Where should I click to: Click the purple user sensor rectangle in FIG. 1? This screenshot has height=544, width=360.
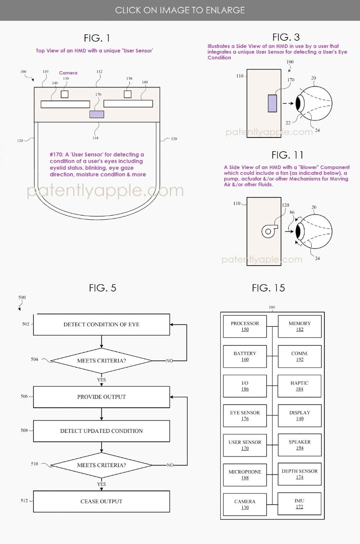(96, 114)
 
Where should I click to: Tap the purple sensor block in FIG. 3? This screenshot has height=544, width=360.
(272, 103)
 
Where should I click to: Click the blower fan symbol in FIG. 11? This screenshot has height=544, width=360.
(268, 231)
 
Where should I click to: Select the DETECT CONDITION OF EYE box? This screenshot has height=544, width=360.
(101, 325)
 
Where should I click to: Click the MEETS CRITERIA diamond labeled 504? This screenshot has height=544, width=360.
(101, 361)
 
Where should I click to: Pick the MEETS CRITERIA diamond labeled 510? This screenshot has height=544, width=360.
(101, 465)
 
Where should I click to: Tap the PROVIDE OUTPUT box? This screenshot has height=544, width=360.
(101, 397)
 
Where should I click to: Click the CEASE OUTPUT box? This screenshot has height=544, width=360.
(101, 501)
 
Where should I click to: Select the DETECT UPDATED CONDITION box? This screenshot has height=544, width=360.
(101, 431)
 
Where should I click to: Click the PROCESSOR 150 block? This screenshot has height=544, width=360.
(245, 326)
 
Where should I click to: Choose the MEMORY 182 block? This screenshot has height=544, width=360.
(300, 326)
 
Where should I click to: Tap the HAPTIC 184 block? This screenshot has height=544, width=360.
(300, 386)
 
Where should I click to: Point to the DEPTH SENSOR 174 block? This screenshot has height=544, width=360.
(300, 474)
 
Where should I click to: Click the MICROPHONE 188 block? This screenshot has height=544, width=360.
(245, 475)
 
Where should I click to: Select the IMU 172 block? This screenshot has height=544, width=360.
(300, 504)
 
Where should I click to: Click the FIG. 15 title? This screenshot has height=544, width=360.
(268, 288)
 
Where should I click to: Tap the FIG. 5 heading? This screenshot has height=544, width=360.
(102, 288)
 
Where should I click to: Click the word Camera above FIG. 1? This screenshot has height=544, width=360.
(68, 73)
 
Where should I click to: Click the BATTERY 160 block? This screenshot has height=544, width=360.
(245, 356)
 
